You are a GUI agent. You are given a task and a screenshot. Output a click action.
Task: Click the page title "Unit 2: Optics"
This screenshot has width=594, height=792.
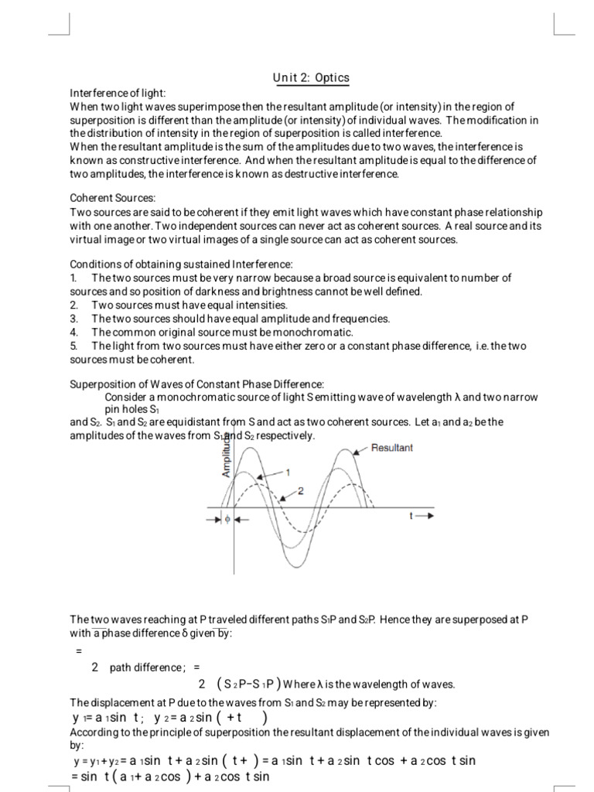pos(310,77)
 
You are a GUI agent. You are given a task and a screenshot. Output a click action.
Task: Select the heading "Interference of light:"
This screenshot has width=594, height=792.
pos(118,93)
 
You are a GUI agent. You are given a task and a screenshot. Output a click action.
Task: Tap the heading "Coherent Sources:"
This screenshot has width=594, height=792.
pos(113,199)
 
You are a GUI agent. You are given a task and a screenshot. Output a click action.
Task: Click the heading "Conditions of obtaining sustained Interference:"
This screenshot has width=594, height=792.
pos(182,265)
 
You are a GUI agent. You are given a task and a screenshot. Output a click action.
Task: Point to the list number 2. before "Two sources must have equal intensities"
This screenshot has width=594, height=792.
pos(74,305)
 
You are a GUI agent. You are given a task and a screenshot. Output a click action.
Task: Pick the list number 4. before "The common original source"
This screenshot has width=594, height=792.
pos(74,332)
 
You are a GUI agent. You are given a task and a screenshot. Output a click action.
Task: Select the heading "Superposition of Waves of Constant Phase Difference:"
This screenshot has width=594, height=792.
pos(197,384)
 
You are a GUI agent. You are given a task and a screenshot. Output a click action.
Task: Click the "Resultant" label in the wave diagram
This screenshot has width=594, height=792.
pos(392,448)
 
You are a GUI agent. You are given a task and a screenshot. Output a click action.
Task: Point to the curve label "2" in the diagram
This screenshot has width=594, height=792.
pos(300,490)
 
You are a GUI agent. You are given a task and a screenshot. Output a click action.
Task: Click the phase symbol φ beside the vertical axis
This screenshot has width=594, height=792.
pos(227,520)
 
